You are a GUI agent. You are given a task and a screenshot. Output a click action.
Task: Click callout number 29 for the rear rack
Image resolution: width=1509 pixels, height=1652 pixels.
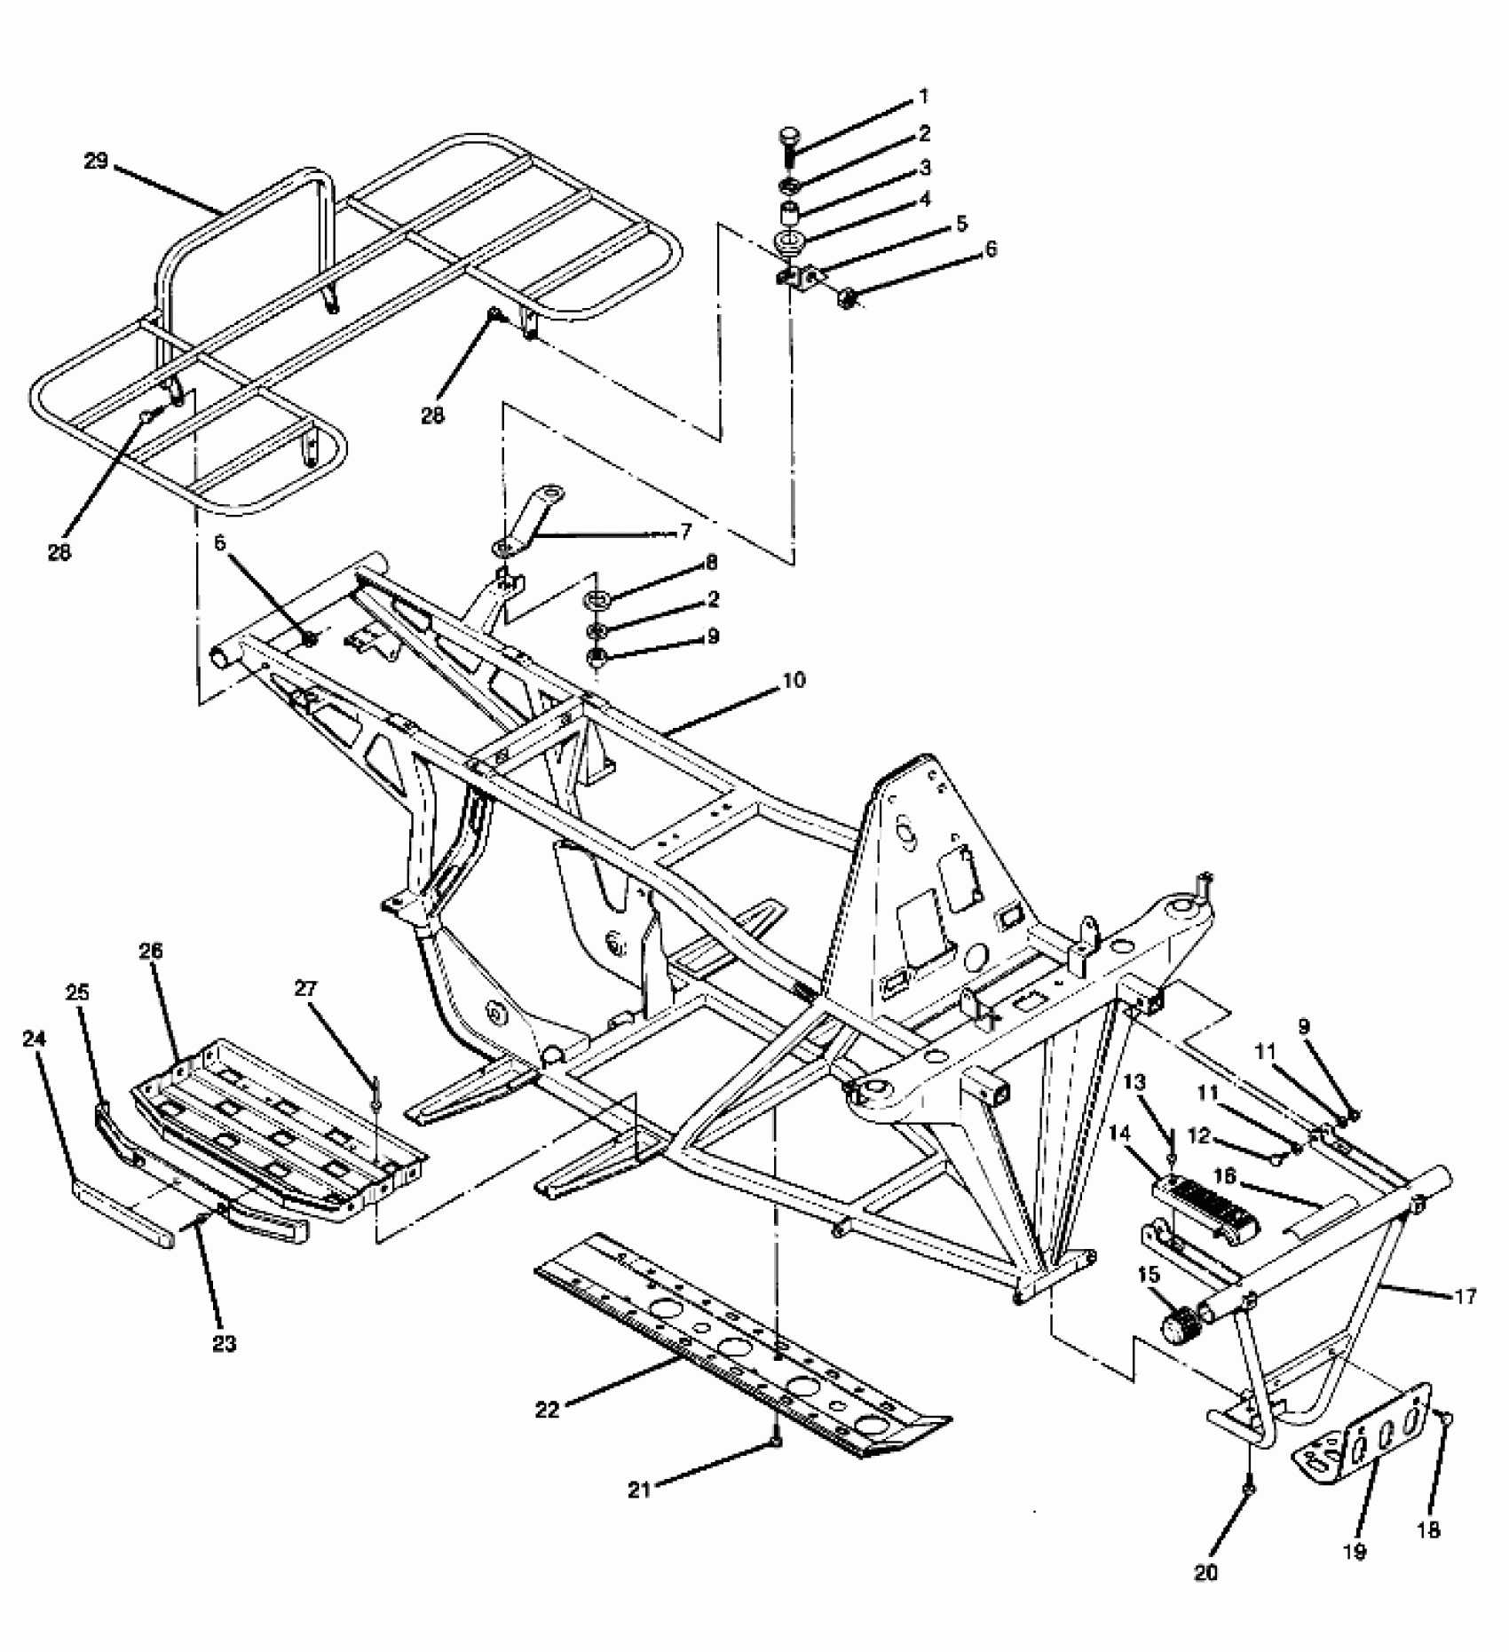coord(95,161)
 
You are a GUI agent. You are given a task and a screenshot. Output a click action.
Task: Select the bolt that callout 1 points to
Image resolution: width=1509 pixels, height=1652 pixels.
coord(789,143)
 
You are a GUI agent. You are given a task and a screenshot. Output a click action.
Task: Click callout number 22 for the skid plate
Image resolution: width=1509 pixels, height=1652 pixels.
coord(548,1409)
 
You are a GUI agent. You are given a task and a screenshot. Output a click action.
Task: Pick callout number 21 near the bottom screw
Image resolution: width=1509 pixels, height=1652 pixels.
coord(639,1490)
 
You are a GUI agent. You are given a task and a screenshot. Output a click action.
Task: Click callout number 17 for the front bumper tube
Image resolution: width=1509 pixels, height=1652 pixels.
coord(1466,1297)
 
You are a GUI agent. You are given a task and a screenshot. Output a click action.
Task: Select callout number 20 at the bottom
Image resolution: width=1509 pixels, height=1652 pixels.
coord(1205,1572)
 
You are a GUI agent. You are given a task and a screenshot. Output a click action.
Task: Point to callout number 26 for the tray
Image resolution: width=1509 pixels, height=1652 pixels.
coord(150,951)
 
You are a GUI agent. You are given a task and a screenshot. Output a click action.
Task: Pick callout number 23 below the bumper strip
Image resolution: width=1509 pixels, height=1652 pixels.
coord(225,1344)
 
